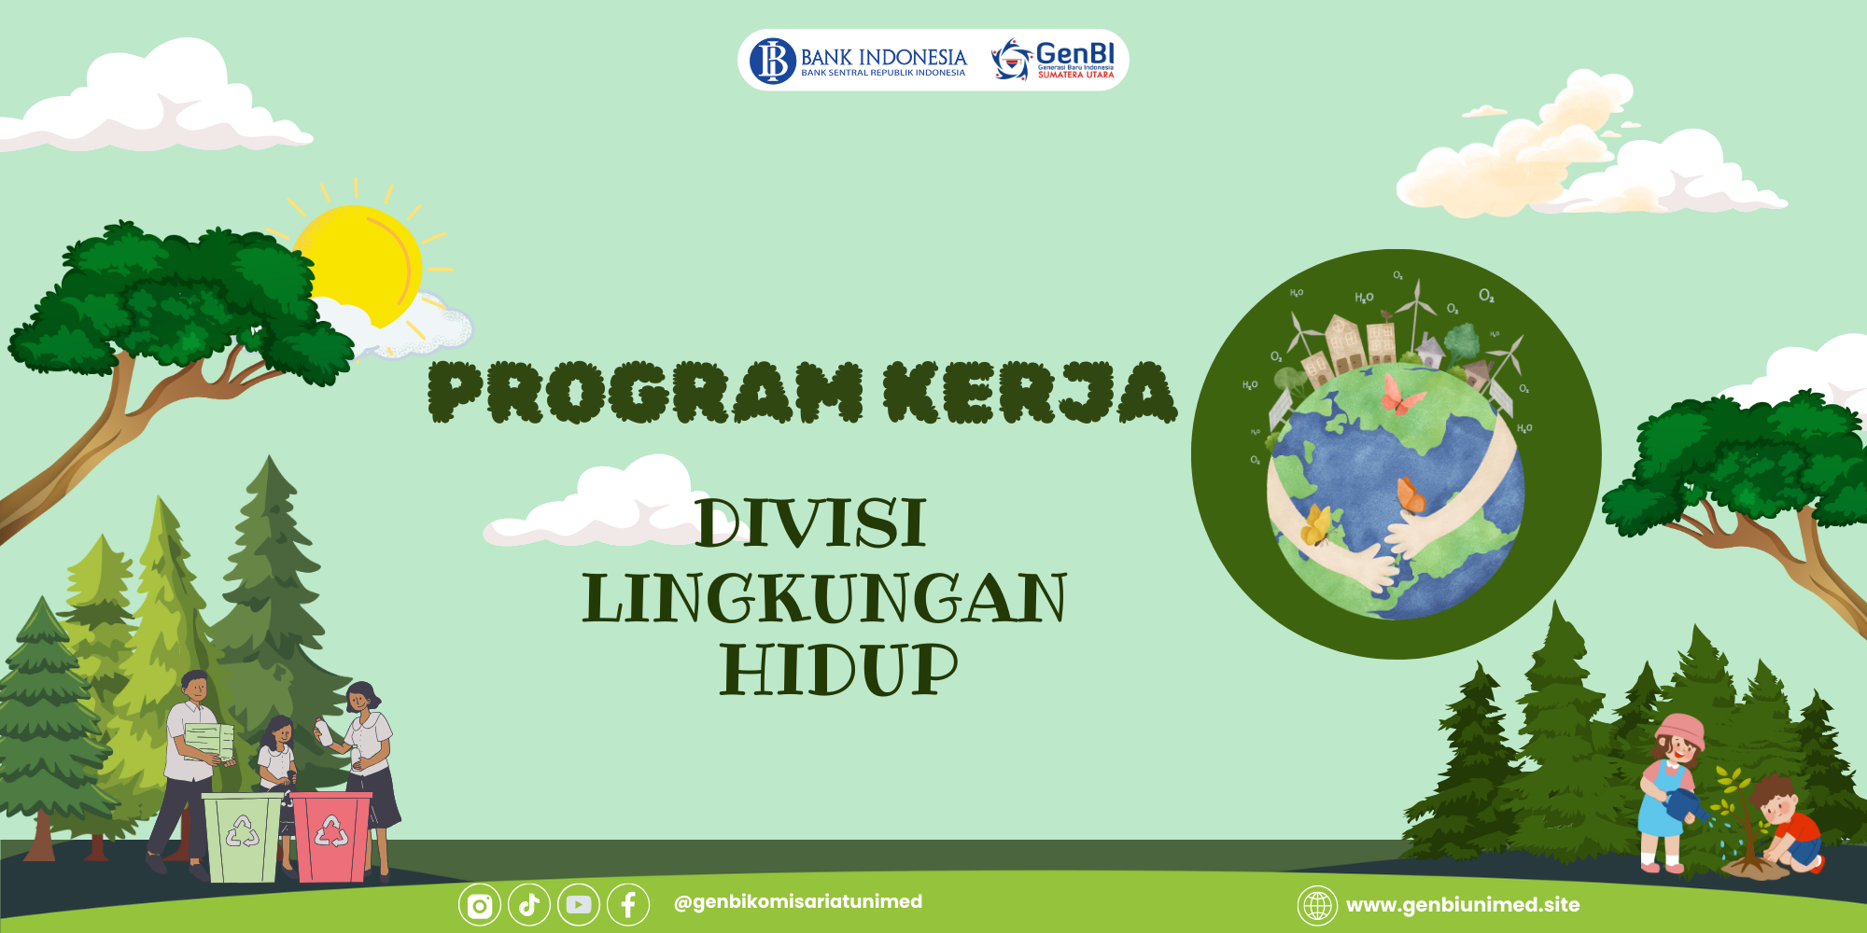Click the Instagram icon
click(x=480, y=905)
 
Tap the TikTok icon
click(x=529, y=905)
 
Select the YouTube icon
click(x=579, y=905)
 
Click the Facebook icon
click(x=628, y=905)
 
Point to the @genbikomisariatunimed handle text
click(x=798, y=902)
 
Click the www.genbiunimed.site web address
click(x=1463, y=905)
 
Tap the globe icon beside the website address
click(x=1317, y=906)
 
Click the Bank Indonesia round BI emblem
click(x=773, y=61)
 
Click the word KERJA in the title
click(x=1031, y=392)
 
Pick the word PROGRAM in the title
click(x=646, y=392)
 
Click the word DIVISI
click(x=811, y=523)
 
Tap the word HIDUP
click(x=839, y=670)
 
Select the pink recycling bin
click(x=332, y=836)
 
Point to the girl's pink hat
click(x=1681, y=731)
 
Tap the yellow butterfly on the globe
click(x=1316, y=525)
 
